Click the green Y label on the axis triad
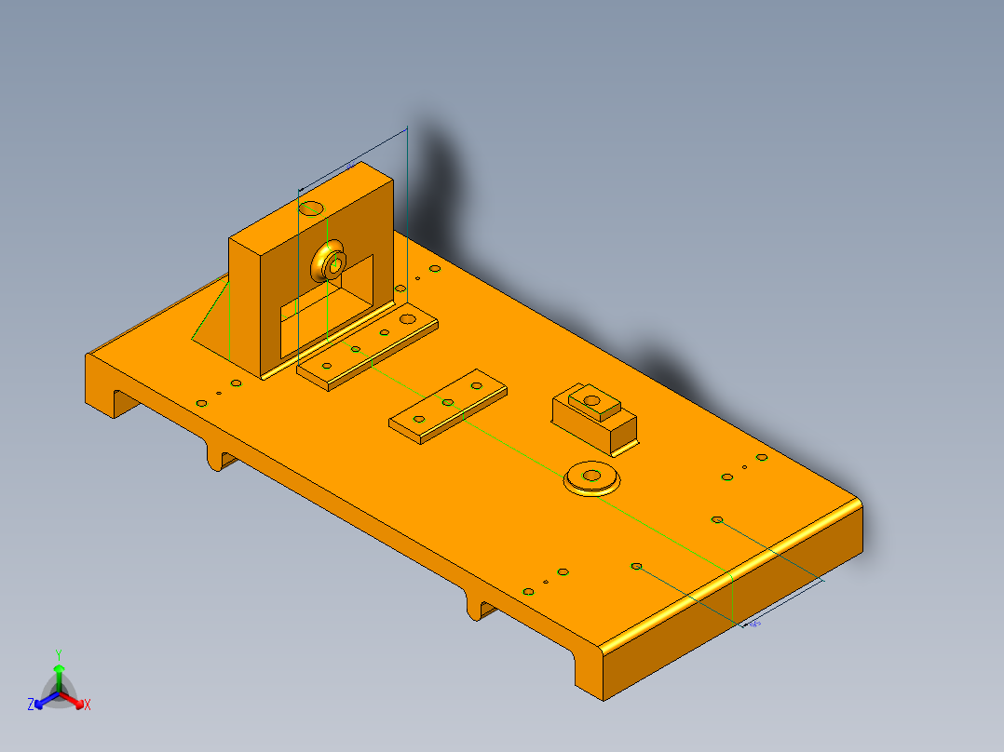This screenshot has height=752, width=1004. (x=58, y=653)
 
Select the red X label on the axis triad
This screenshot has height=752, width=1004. (x=88, y=705)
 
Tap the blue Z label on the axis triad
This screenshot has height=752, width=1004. (x=30, y=705)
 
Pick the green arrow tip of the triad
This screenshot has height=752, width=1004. (x=58, y=668)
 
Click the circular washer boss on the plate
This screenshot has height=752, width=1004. (x=592, y=477)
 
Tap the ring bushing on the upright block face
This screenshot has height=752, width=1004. (x=330, y=262)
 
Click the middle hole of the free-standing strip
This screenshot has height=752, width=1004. (x=448, y=402)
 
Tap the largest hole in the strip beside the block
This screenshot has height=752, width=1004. (x=407, y=318)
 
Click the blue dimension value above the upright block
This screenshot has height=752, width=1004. (x=350, y=166)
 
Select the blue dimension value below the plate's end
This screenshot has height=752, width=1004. (x=754, y=624)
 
